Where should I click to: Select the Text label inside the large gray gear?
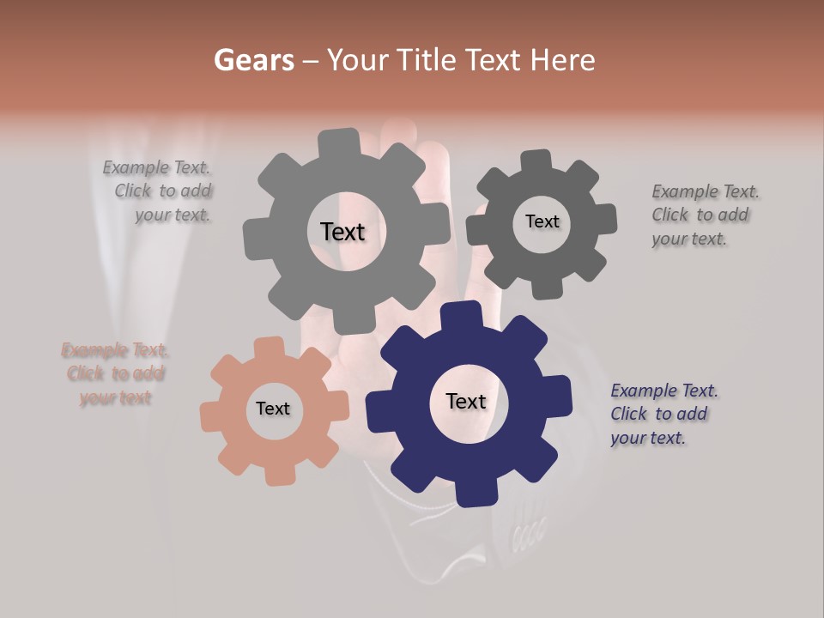(x=342, y=232)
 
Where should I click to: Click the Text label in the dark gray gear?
(x=542, y=221)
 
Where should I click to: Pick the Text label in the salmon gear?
(x=273, y=409)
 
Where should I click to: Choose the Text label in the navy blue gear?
(x=466, y=401)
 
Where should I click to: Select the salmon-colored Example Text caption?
(x=115, y=373)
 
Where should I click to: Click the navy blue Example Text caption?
(x=663, y=414)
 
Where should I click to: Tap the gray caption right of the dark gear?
(x=704, y=215)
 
